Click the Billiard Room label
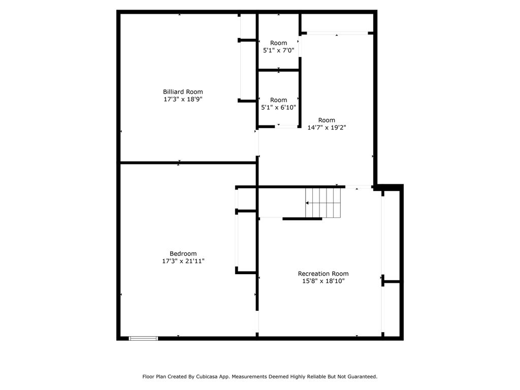183,92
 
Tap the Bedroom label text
183,254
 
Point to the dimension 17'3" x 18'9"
183,100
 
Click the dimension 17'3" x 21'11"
183,261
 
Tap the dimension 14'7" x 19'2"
327,128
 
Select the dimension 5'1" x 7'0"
278,51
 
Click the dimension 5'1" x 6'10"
278,108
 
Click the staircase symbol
322,203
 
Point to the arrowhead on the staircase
307,203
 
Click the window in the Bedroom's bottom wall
143,338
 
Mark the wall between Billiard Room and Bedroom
188,163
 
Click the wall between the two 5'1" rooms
278,71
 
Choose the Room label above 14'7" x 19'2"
327,120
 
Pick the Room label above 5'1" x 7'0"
278,43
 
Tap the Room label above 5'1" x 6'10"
278,100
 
